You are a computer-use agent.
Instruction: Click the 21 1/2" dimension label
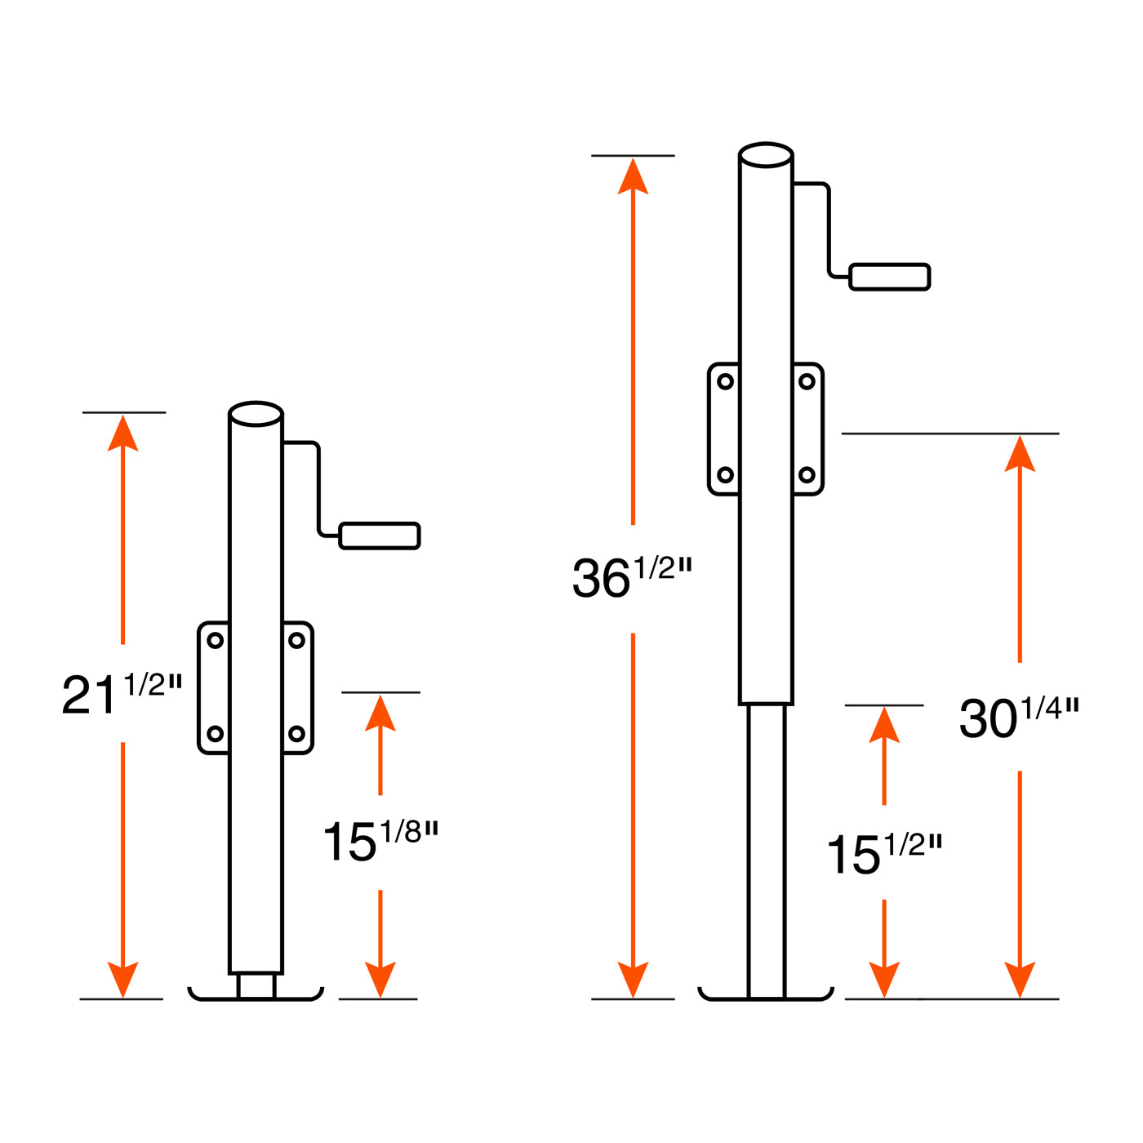click(x=122, y=693)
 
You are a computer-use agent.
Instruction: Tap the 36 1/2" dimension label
click(x=632, y=576)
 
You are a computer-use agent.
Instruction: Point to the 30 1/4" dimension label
click(x=1019, y=717)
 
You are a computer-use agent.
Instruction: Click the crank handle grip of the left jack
click(x=380, y=536)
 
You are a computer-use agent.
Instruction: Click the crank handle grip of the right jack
click(x=890, y=277)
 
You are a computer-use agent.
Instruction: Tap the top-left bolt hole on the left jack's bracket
click(x=216, y=640)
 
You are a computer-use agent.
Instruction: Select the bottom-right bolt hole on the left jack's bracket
click(x=296, y=734)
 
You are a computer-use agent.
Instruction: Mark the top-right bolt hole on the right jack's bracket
click(x=807, y=381)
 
